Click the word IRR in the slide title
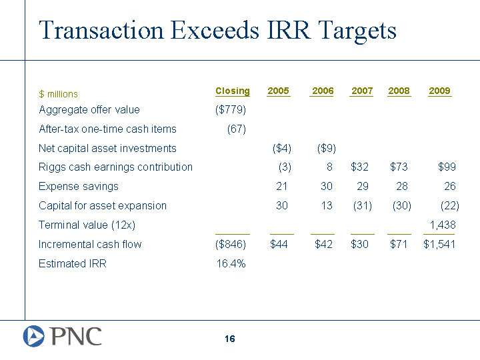pos(289,30)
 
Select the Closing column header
pos(233,91)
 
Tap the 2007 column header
pos(362,91)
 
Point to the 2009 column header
pos(439,91)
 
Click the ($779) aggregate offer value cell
pos(231,109)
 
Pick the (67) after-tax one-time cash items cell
pos(236,129)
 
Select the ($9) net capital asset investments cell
pos(326,148)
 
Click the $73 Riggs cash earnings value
pos(399,167)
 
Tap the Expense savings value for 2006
pos(326,186)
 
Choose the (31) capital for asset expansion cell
pos(363,205)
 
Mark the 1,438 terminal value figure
pos(443,225)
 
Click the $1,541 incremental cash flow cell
pos(439,244)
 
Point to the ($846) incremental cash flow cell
pos(231,244)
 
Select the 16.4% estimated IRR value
pos(231,263)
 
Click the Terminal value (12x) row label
pos(87,225)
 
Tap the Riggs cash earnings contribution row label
pos(115,167)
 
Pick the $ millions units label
pos(58,94)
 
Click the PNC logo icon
pos(34,336)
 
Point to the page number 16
pos(229,339)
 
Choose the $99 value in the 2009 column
pos(447,167)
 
